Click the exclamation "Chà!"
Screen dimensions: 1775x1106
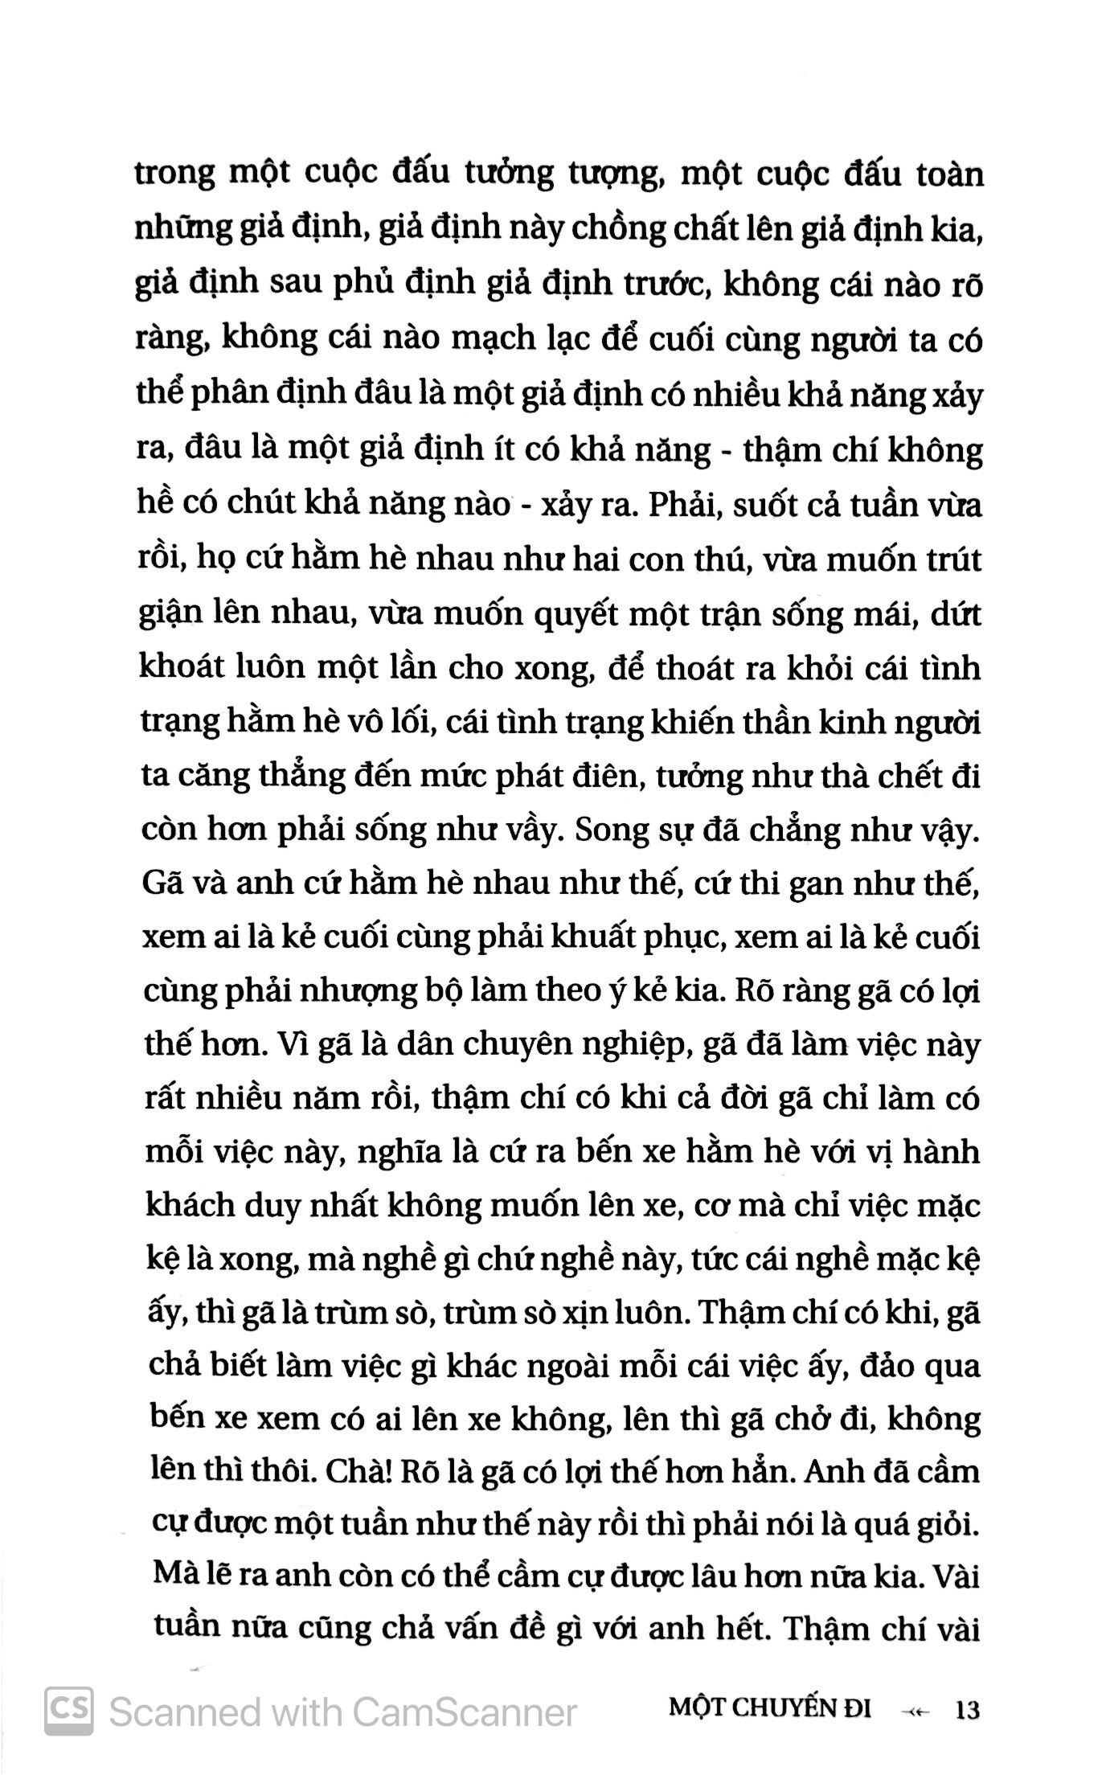pyautogui.click(x=355, y=1474)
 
